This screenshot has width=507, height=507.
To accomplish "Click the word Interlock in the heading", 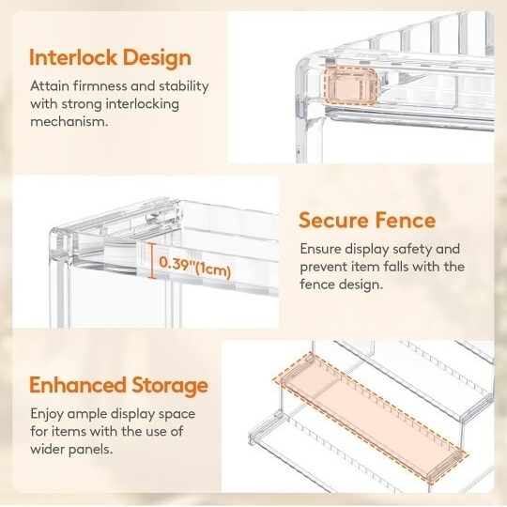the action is point(73,57).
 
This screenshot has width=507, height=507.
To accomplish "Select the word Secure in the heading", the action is point(333,221).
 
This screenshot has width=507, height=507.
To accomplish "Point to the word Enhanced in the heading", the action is point(78,385).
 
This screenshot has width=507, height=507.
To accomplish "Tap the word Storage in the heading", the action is point(170,387).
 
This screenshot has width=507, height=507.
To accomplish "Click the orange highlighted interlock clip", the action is point(351,85).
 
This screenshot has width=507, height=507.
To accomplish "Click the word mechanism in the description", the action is point(68,122).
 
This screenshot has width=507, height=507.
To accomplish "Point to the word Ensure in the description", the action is point(320,249).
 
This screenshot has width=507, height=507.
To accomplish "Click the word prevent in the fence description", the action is point(323,267).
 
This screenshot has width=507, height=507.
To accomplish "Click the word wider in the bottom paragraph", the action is point(49,449).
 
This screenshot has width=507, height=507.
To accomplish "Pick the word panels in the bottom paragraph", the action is point(91,450).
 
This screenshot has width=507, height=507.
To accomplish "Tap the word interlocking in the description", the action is point(143,105).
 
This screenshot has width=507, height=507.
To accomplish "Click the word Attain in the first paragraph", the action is point(50,86).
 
